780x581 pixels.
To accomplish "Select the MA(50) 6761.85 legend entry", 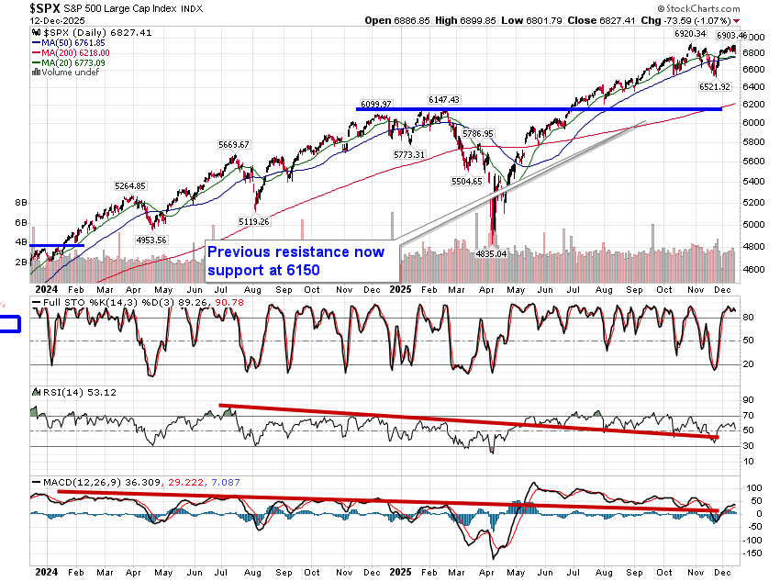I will click(x=71, y=42).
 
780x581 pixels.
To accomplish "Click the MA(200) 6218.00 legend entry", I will click(x=72, y=53).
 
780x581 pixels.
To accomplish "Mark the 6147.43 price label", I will click(x=443, y=99).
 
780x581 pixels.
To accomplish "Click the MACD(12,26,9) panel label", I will click(x=83, y=481).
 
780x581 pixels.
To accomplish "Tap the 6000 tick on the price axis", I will click(x=753, y=123).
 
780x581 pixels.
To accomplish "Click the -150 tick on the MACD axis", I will click(x=753, y=553).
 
